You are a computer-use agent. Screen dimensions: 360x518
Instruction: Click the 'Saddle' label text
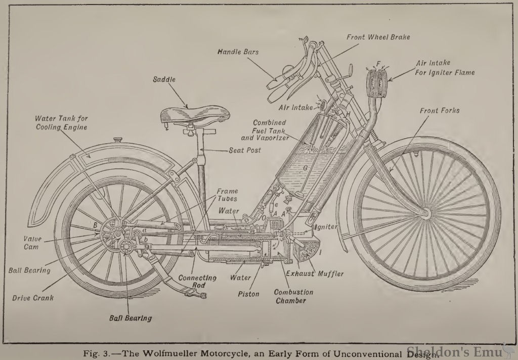[165, 79]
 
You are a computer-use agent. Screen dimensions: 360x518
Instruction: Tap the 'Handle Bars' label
[238, 52]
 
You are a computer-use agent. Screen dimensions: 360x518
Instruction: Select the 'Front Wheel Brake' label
[378, 37]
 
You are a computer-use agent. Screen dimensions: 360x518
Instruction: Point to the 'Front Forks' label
[440, 110]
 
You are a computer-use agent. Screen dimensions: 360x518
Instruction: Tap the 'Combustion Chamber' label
[293, 296]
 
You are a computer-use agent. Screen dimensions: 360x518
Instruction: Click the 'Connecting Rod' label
[197, 282]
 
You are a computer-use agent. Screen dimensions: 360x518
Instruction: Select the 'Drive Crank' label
[33, 298]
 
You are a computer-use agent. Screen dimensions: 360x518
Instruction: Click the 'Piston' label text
[248, 294]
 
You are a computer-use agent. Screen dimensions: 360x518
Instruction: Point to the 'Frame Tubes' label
[227, 195]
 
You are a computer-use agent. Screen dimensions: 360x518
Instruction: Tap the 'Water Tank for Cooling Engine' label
[61, 123]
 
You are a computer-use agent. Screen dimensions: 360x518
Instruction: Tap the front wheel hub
[424, 215]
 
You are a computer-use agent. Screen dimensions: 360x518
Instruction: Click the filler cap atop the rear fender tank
[118, 140]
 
